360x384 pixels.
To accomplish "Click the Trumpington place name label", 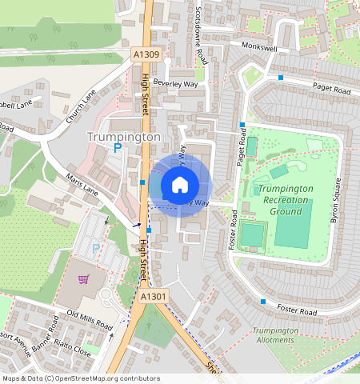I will pos(123,138).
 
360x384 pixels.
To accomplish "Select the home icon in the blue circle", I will pos(180,186).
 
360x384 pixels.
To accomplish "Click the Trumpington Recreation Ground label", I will pos(285,199).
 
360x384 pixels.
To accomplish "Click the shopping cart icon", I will pos(83,280).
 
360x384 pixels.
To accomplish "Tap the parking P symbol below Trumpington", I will pos(117,149).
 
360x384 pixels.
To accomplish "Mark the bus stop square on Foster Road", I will pos(263,302).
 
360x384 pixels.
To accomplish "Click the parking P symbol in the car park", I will pos(96,249).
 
